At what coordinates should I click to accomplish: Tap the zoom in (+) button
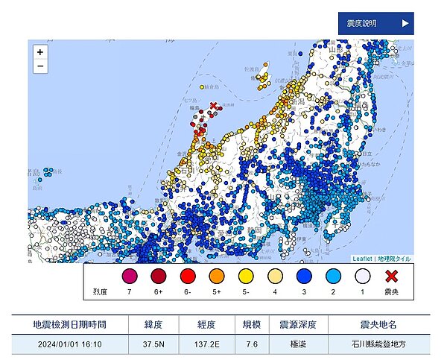pyautogui.click(x=39, y=52)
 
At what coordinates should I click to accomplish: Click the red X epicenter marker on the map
pyautogui.click(x=214, y=107)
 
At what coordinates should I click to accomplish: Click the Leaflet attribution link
pyautogui.click(x=361, y=259)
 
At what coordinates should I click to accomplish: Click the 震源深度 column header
pyautogui.click(x=299, y=325)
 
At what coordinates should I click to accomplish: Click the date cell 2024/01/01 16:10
pyautogui.click(x=69, y=345)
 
